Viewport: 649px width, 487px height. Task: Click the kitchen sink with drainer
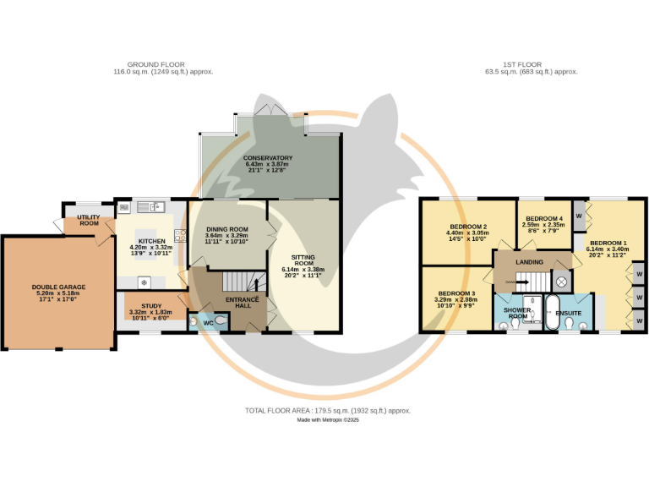pyautogui.click(x=151, y=206)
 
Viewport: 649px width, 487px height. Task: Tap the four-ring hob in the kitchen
pyautogui.click(x=181, y=236)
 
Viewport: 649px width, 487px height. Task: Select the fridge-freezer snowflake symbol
pyautogui.click(x=144, y=283)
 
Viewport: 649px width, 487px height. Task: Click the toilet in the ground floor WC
pyautogui.click(x=221, y=320)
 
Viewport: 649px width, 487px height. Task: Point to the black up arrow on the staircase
pyautogui.click(x=256, y=285)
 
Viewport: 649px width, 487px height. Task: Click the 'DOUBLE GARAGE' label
pyautogui.click(x=59, y=287)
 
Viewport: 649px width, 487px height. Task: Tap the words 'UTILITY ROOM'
pyautogui.click(x=89, y=220)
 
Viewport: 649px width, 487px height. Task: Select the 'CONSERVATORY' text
pyautogui.click(x=268, y=158)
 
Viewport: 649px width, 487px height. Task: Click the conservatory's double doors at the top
pyautogui.click(x=270, y=109)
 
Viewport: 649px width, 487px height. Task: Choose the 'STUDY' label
pyautogui.click(x=151, y=306)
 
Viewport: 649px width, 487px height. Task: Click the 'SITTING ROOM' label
pyautogui.click(x=303, y=260)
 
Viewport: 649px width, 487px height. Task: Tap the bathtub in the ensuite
pyautogui.click(x=551, y=312)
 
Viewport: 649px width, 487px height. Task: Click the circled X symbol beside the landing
pyautogui.click(x=561, y=282)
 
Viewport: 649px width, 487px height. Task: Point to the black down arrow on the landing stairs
pyautogui.click(x=522, y=282)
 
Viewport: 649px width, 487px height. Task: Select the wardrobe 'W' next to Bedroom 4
pyautogui.click(x=579, y=216)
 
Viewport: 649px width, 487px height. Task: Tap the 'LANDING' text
pyautogui.click(x=529, y=262)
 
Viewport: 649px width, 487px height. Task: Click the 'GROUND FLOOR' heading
pyautogui.click(x=156, y=64)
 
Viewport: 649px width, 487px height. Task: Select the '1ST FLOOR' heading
pyautogui.click(x=522, y=64)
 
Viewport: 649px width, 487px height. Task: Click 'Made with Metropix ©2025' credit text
pyautogui.click(x=328, y=420)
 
